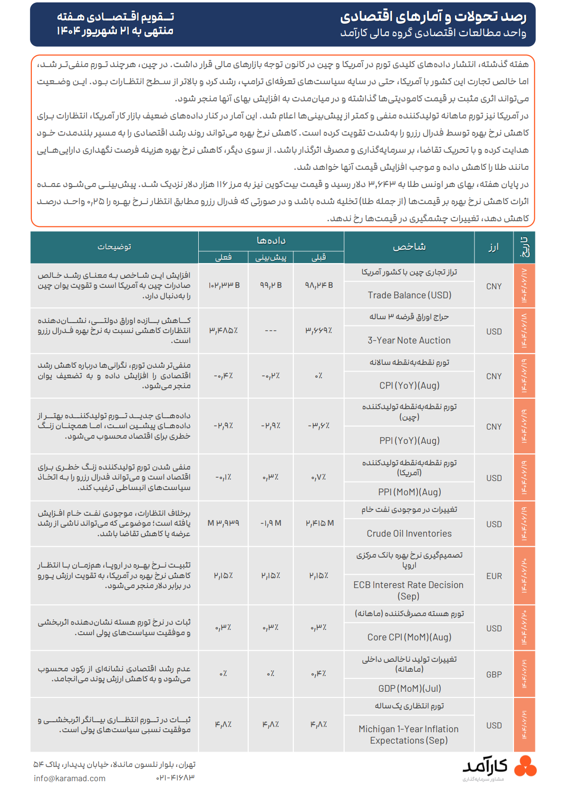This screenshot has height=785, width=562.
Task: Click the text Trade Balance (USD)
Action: click(x=409, y=295)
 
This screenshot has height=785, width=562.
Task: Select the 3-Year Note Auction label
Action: click(x=409, y=340)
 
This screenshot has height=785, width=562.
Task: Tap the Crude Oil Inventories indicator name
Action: click(x=409, y=533)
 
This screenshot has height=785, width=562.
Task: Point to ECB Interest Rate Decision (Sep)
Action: click(x=408, y=590)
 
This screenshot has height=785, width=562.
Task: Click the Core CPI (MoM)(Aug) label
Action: click(x=409, y=637)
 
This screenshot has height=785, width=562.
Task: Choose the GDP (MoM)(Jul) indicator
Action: click(x=409, y=688)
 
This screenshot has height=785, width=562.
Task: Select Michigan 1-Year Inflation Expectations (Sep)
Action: click(x=408, y=735)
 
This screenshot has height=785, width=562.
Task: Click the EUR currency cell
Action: click(x=494, y=576)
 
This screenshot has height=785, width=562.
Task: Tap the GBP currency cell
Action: click(x=494, y=675)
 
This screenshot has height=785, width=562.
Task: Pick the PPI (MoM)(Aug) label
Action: click(x=409, y=492)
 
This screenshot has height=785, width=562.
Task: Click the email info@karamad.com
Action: click(x=69, y=778)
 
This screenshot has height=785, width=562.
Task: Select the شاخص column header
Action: click(x=409, y=246)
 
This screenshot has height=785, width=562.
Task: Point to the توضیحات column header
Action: click(x=114, y=246)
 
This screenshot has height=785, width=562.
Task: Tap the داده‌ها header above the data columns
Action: click(x=271, y=241)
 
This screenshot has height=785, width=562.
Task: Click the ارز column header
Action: click(x=494, y=246)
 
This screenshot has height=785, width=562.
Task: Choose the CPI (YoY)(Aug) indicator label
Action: click(x=409, y=385)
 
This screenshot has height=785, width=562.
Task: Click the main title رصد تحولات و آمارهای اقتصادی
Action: click(x=433, y=17)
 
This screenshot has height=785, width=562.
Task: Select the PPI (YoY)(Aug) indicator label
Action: click(x=409, y=441)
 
